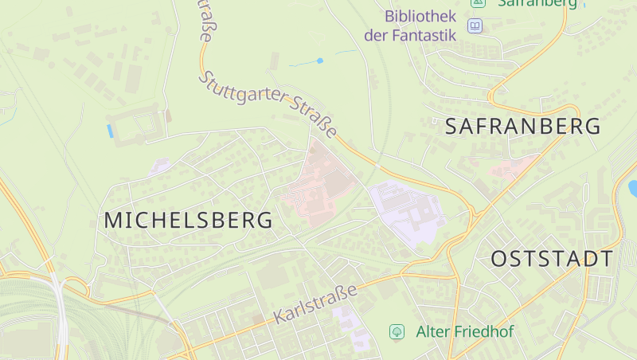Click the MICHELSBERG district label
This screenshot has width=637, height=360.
[x=188, y=221]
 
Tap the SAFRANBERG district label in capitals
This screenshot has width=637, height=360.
[x=522, y=126]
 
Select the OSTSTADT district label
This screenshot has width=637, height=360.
[x=552, y=259]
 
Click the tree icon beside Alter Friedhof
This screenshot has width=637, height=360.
[x=396, y=331]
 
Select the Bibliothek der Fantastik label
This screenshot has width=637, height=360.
[x=410, y=25]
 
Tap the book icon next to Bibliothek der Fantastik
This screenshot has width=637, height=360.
[x=475, y=26]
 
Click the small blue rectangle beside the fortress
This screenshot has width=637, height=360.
[x=109, y=131]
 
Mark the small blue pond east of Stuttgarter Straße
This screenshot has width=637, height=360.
[x=320, y=61]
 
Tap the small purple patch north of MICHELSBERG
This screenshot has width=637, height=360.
[x=160, y=167]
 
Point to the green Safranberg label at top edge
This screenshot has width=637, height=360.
[x=537, y=3]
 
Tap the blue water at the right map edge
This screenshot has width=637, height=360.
[x=633, y=188]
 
